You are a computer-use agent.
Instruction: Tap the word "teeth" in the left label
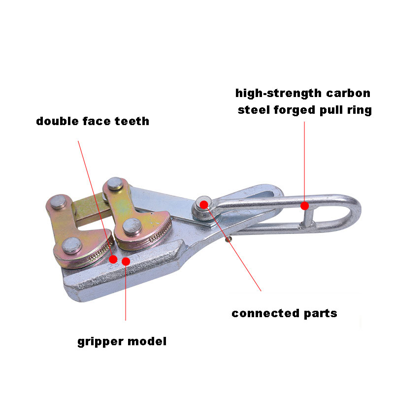pyautogui.click(x=132, y=121)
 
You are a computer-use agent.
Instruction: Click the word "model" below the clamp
pyautogui.click(x=147, y=341)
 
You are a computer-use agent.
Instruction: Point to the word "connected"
pyautogui.click(x=265, y=313)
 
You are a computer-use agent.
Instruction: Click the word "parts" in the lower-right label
pyautogui.click(x=321, y=314)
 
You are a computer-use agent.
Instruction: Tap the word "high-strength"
pyautogui.click(x=278, y=94)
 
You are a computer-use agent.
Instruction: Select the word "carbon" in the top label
pyautogui.click(x=348, y=93)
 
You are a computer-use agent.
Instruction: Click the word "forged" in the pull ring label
pyautogui.click(x=294, y=110)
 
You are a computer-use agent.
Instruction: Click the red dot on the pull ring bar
pyautogui.click(x=304, y=206)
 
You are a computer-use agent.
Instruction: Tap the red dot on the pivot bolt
pyautogui.click(x=204, y=204)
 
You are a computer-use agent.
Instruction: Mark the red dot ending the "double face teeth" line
pyautogui.click(x=113, y=259)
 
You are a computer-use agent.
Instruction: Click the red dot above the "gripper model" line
pyautogui.click(x=126, y=262)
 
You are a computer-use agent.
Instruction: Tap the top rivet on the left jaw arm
pyautogui.click(x=58, y=202)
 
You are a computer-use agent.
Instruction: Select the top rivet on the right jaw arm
pyautogui.click(x=115, y=184)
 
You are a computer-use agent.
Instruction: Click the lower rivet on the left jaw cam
pyautogui.click(x=72, y=245)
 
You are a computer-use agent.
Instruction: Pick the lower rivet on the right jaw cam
pyautogui.click(x=132, y=227)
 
